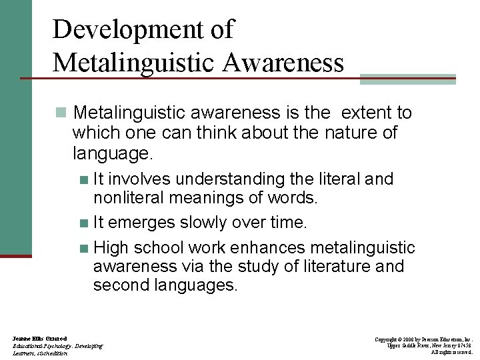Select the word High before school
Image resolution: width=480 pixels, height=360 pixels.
tap(111, 248)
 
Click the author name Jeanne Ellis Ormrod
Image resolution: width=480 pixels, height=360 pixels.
tap(39, 339)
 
